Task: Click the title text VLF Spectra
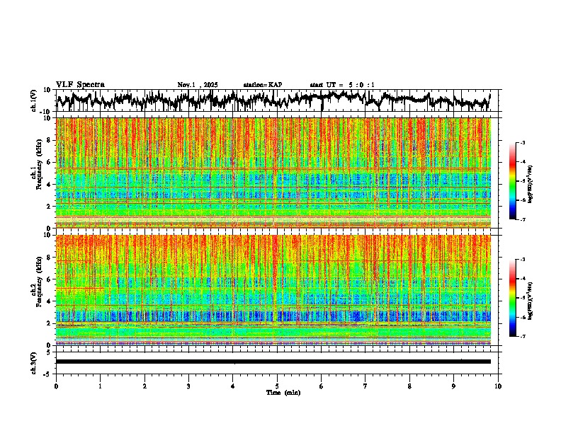(80, 84)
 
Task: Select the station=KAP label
(263, 85)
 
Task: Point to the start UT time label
(342, 85)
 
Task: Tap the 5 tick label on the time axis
(277, 386)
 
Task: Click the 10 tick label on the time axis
(498, 386)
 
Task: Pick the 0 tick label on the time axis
(56, 386)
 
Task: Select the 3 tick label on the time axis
(188, 386)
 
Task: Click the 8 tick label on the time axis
(409, 386)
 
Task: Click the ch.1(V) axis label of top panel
(34, 100)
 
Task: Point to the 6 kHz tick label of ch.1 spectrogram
(48, 162)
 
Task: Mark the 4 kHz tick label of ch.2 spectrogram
(48, 301)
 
